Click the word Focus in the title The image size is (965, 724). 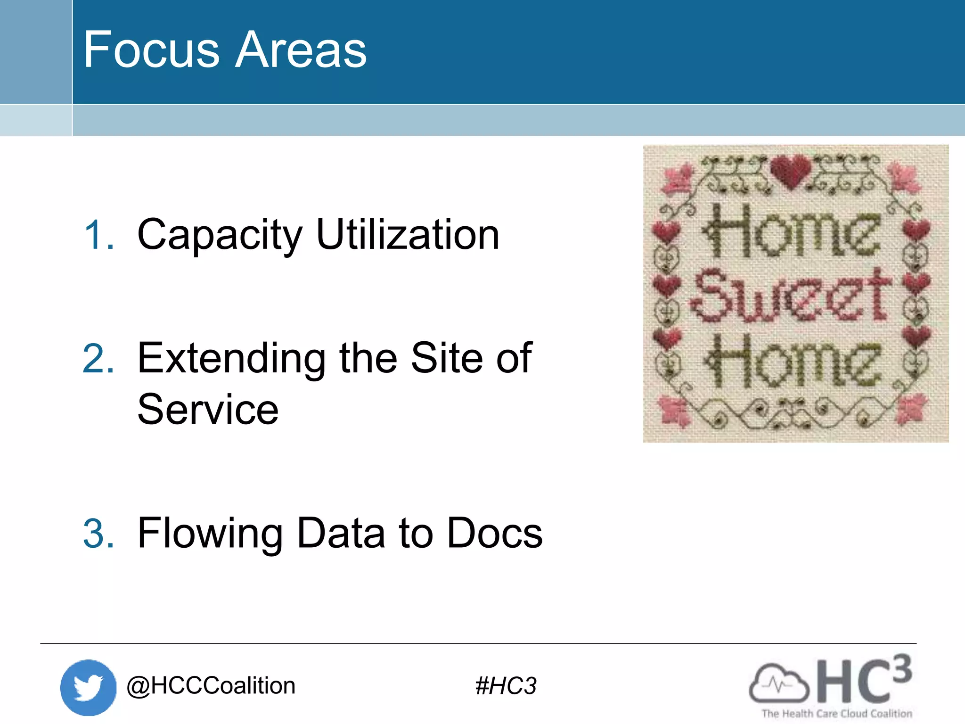point(151,49)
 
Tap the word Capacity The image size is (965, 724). point(220,236)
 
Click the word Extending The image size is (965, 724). point(231,359)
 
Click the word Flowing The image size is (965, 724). point(210,534)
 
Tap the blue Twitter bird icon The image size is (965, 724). point(88,687)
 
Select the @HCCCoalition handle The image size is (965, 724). point(211,685)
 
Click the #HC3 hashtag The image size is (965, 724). point(506,686)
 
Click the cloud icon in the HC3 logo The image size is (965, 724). point(778,683)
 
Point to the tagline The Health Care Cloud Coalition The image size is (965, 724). point(837,714)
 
